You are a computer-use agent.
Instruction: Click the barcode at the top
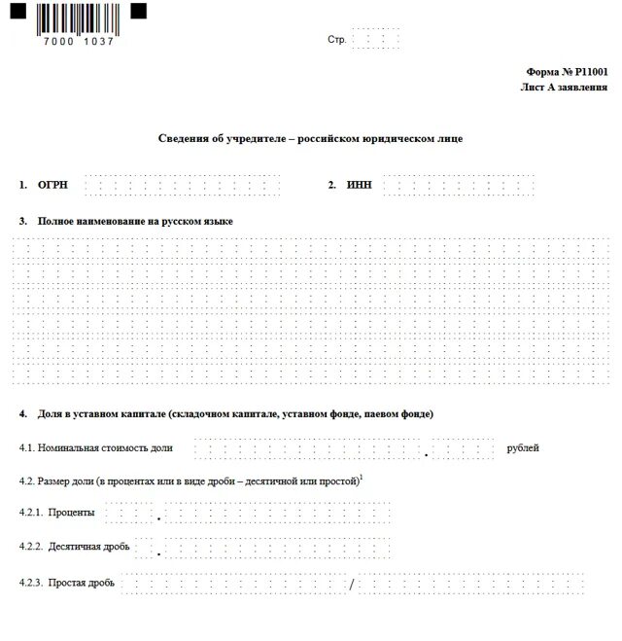78,18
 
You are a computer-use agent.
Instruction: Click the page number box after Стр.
376,40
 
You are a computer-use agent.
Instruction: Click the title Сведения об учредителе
310,138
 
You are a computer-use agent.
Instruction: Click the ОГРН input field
182,185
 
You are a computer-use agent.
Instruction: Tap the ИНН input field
458,185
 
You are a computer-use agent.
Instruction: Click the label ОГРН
52,185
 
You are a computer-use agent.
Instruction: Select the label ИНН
359,185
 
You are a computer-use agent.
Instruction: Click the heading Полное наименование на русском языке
135,221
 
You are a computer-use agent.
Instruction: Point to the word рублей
523,448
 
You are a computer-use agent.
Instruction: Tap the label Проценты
72,513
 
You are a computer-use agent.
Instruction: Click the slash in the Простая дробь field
353,584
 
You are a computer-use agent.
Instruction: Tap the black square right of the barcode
138,11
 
